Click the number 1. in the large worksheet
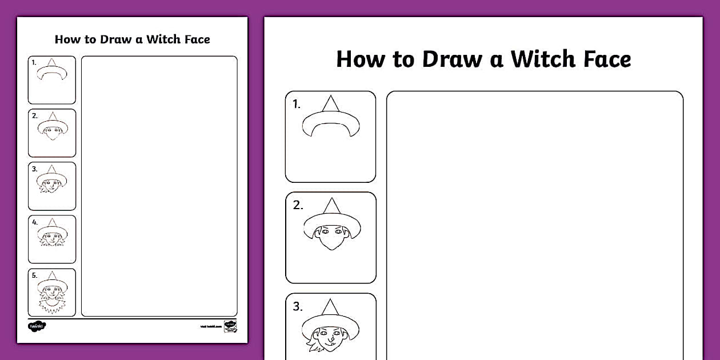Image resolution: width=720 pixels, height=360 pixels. coord(297,105)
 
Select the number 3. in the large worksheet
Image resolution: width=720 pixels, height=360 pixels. coord(298,306)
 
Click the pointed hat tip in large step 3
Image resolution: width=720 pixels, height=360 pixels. coord(330,301)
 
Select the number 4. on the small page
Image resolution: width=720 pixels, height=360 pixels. coord(35,222)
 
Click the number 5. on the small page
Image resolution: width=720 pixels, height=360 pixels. coord(35,275)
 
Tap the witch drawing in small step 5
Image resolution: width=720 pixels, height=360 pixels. coord(53,294)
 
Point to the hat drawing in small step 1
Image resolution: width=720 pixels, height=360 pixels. coord(52,71)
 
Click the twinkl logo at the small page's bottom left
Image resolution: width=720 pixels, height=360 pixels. coord(37,326)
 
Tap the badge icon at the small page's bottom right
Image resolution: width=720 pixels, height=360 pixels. coord(230,326)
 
